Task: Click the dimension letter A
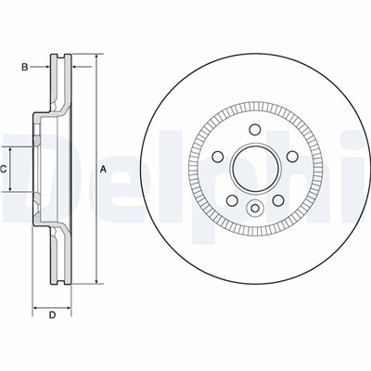[104, 168]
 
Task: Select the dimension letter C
[5, 168]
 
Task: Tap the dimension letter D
[53, 317]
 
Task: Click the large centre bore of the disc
[253, 168]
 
